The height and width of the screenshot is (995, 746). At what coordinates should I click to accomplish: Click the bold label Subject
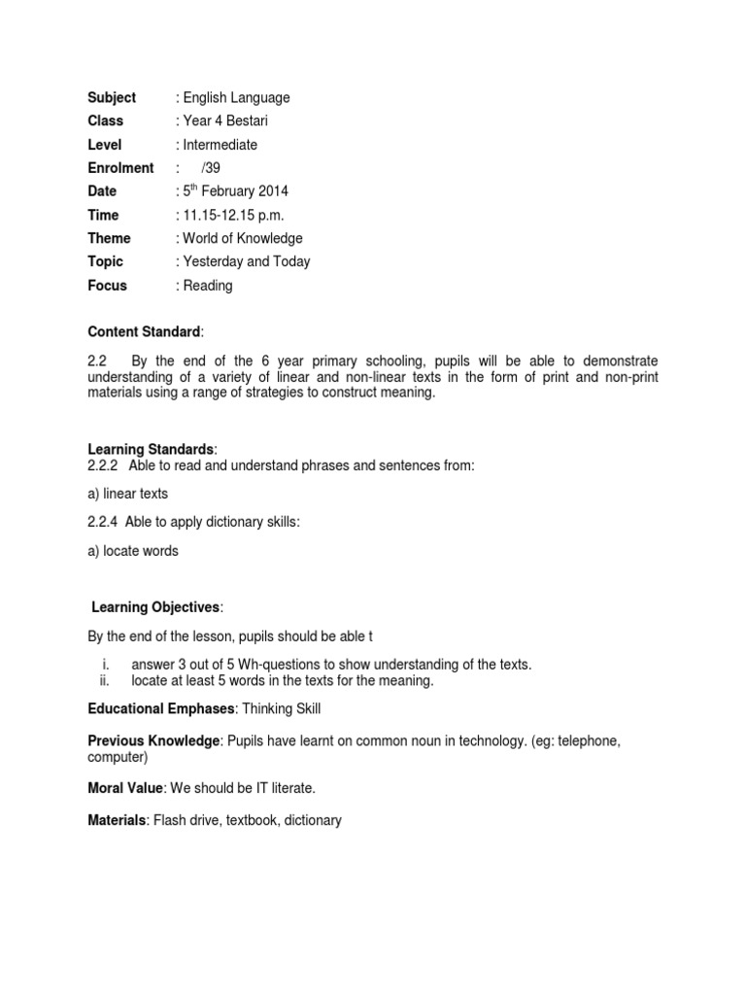(112, 97)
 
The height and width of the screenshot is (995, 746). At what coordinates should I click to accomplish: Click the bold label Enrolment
(120, 168)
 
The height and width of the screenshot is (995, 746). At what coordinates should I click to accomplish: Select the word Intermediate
(219, 145)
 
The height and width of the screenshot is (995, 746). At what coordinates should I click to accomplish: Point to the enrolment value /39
(211, 168)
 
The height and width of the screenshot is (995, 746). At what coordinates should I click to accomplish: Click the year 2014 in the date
(271, 191)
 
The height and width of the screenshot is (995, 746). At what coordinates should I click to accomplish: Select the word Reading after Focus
(207, 286)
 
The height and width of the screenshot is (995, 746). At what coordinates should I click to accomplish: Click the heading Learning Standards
(151, 449)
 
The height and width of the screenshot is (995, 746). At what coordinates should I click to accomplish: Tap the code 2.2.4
(102, 523)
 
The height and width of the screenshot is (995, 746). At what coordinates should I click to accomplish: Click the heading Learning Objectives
(155, 607)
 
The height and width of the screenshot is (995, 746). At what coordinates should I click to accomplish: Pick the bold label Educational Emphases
(160, 708)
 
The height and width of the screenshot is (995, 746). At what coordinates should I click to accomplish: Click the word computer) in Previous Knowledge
(118, 757)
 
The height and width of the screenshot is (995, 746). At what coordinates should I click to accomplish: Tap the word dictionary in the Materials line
(307, 820)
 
